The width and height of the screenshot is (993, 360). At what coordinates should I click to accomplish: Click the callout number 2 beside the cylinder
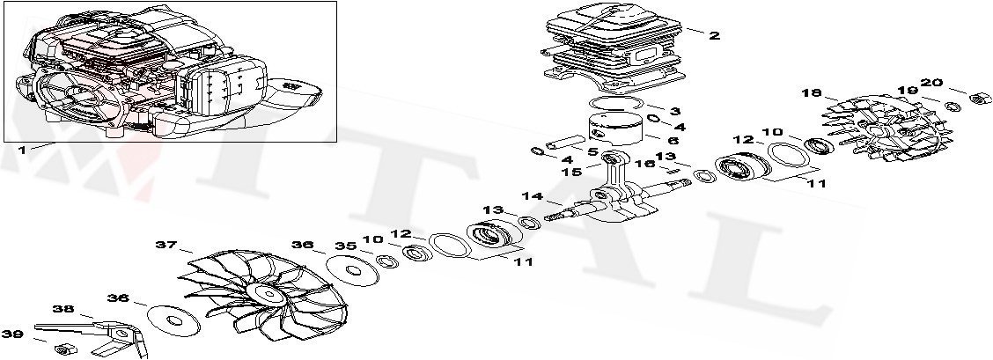714,36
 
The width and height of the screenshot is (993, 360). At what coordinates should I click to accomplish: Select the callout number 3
674,112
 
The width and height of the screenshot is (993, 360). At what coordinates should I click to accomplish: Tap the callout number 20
931,83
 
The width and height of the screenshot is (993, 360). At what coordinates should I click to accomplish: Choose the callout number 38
63,309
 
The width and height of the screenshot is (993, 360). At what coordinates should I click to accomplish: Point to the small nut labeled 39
63,349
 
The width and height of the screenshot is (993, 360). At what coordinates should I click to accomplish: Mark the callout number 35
344,246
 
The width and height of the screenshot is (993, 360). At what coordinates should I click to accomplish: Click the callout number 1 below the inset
22,150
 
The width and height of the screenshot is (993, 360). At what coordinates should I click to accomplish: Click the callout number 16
645,164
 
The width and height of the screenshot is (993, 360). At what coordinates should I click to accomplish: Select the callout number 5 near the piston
592,151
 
